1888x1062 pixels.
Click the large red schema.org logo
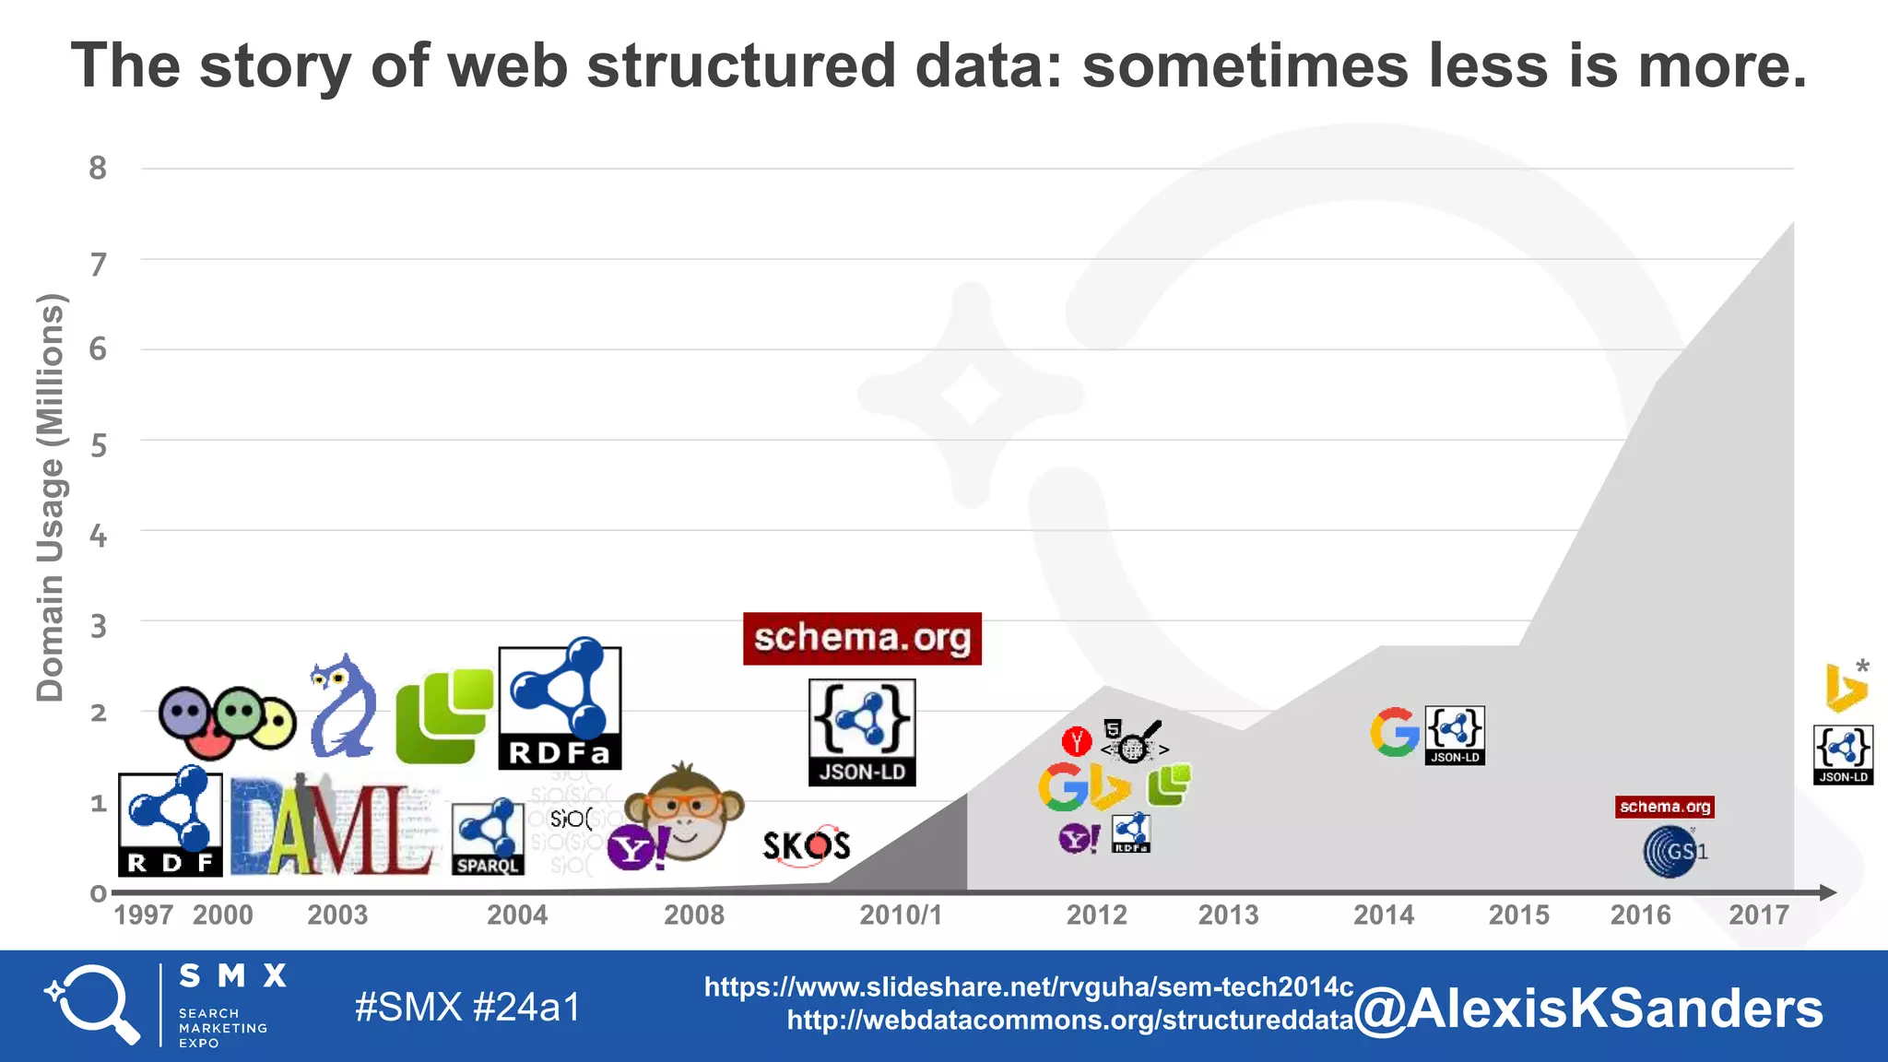[x=862, y=638]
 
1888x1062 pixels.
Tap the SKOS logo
[x=806, y=845]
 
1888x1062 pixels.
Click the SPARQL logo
[x=488, y=838]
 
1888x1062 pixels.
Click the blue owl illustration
[x=343, y=707]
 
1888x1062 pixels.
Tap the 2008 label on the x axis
[x=694, y=915]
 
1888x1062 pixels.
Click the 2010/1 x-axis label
[x=901, y=915]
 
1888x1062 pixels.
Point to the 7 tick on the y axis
[x=98, y=265]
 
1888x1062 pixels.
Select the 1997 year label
[x=143, y=915]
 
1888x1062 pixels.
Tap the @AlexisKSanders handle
[x=1588, y=1009]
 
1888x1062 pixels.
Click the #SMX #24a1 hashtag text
[x=467, y=1007]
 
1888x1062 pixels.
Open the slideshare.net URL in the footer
[x=1028, y=987]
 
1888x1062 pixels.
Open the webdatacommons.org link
[x=1069, y=1021]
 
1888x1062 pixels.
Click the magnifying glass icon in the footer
[x=92, y=1004]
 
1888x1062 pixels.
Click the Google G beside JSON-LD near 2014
[x=1394, y=733]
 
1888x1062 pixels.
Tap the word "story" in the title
[x=276, y=66]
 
